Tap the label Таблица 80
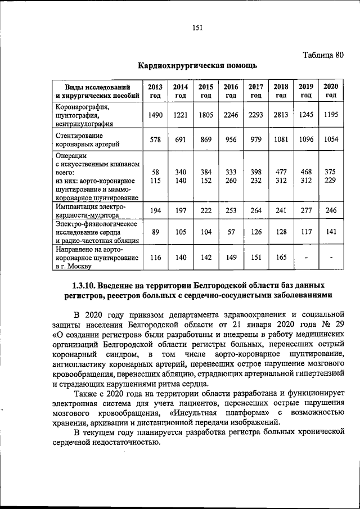[x=322, y=55]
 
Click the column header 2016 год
[x=231, y=91]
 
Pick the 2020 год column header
[x=331, y=91]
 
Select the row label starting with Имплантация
[x=90, y=210]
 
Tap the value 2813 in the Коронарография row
[x=281, y=115]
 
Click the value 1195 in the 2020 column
[x=331, y=115]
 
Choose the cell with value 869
[x=206, y=140]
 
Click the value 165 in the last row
[x=281, y=258]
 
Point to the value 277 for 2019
[x=306, y=210]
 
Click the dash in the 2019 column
[x=306, y=258]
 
